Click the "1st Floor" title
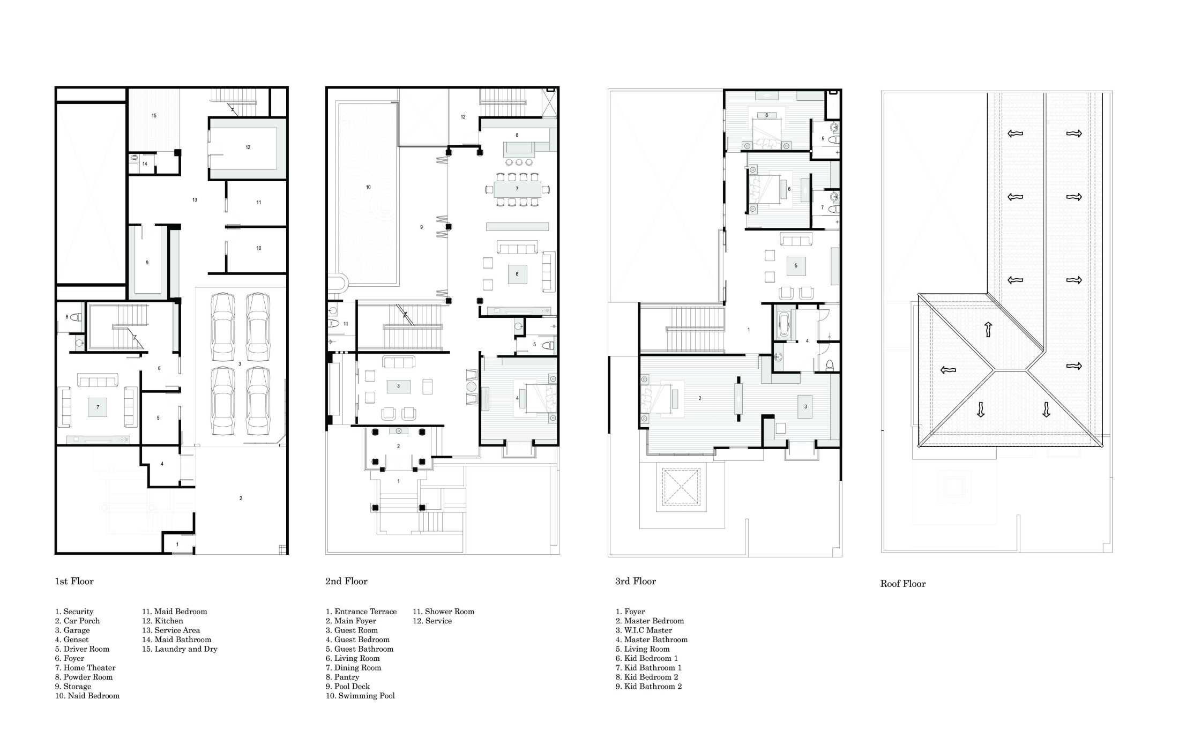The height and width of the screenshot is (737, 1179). click(74, 581)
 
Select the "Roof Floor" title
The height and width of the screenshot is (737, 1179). click(902, 584)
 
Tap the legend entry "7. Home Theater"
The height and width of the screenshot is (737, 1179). click(85, 667)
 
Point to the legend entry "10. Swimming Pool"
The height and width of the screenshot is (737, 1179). click(360, 696)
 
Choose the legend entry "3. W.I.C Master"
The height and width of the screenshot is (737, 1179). click(644, 630)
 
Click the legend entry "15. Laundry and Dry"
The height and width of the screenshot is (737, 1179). click(180, 649)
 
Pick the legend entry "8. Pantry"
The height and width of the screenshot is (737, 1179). click(342, 677)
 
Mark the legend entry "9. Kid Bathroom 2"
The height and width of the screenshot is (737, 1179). click(648, 686)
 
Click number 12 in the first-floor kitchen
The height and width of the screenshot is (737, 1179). click(248, 147)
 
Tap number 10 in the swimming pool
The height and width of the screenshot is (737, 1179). click(368, 188)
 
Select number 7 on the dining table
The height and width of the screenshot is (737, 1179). click(517, 189)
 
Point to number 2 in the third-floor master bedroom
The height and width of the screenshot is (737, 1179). click(700, 398)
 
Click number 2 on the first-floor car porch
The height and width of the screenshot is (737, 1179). click(241, 498)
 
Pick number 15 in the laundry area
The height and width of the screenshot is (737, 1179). click(154, 116)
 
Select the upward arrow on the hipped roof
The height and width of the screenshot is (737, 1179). click(988, 329)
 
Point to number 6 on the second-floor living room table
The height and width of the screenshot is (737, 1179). click(517, 274)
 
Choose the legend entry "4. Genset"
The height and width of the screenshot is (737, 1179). click(72, 639)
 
